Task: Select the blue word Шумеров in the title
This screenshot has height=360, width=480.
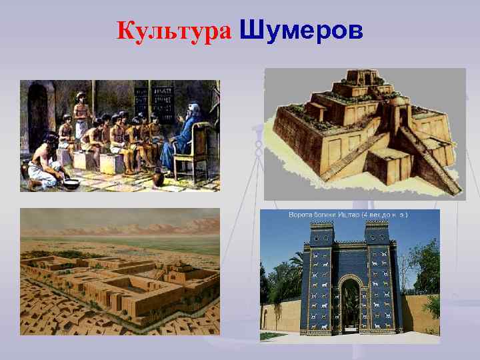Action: pos(301,30)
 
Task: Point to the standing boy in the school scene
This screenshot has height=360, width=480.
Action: pos(81,117)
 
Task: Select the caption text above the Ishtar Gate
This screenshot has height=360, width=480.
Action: pos(348,215)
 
